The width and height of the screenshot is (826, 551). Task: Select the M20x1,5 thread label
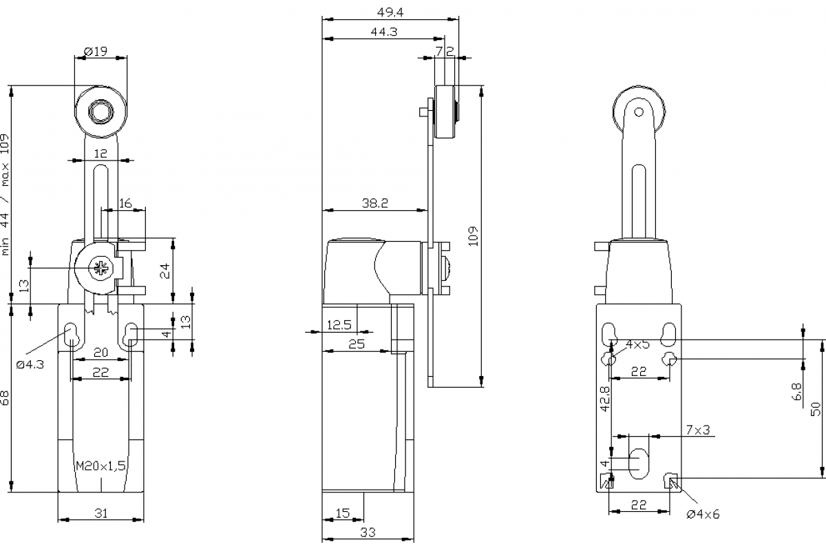coord(100,466)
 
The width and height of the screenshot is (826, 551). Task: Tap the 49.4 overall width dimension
coord(390,11)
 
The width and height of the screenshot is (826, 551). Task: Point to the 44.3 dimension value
coord(383,32)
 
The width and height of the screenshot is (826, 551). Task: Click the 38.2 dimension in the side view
coord(375,203)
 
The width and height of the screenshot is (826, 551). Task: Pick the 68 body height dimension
coord(6,398)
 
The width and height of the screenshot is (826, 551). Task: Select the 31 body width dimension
coord(100,512)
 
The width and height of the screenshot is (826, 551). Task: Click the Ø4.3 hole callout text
coord(30,364)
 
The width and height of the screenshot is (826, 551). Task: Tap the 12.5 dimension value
coord(339,325)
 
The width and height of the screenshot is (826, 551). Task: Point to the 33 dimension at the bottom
coord(368,532)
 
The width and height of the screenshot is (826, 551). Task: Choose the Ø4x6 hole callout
coord(703,514)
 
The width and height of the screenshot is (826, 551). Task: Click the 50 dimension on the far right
coord(816,408)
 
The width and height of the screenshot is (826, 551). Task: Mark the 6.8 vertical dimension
coord(797,392)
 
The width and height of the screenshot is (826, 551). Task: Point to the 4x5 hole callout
coord(637,344)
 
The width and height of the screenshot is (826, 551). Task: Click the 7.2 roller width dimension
coord(445,51)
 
